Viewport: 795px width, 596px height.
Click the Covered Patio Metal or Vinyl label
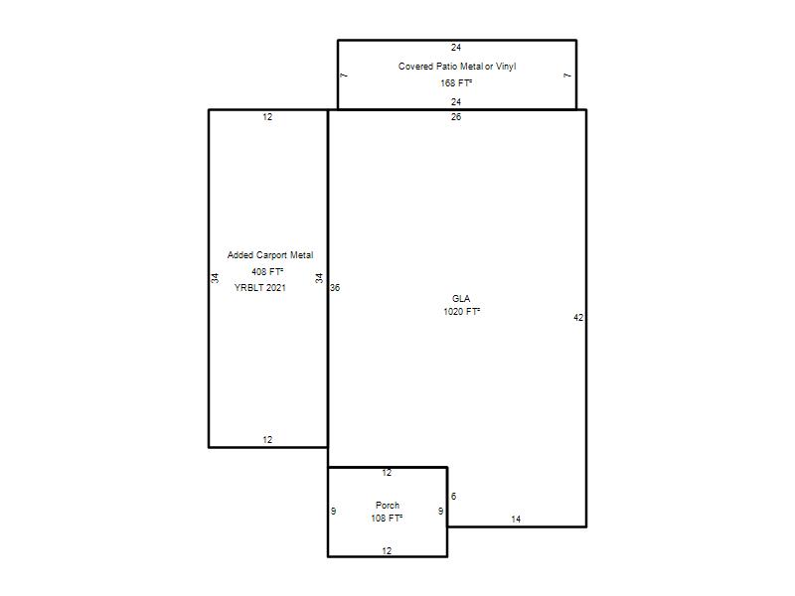pyautogui.click(x=457, y=67)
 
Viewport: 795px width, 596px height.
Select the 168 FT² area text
pyautogui.click(x=456, y=83)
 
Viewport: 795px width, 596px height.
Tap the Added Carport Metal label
pyautogui.click(x=269, y=255)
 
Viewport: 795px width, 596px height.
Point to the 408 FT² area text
pyautogui.click(x=267, y=271)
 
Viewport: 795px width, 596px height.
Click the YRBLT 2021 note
pyautogui.click(x=259, y=288)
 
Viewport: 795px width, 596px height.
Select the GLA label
pyautogui.click(x=461, y=299)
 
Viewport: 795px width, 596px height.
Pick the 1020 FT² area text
pyautogui.click(x=461, y=312)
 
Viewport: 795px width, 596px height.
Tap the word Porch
pyautogui.click(x=388, y=506)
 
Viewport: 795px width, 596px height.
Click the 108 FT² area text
pyautogui.click(x=387, y=518)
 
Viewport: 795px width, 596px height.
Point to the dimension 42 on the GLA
pyautogui.click(x=578, y=318)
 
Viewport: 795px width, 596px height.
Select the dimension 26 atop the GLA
pyautogui.click(x=456, y=117)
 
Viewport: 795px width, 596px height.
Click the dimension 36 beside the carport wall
pyautogui.click(x=335, y=288)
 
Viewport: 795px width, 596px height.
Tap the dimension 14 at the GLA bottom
pyautogui.click(x=516, y=519)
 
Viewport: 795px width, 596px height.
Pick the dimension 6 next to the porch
pyautogui.click(x=453, y=496)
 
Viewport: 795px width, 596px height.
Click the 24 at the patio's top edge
pyautogui.click(x=456, y=48)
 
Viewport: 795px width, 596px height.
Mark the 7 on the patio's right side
pyautogui.click(x=567, y=75)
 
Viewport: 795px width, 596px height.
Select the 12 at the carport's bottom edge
pyautogui.click(x=267, y=440)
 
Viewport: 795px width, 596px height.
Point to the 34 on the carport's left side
pyautogui.click(x=215, y=278)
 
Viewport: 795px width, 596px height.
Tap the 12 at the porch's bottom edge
pyautogui.click(x=387, y=551)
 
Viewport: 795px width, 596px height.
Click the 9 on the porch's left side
pyautogui.click(x=333, y=511)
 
